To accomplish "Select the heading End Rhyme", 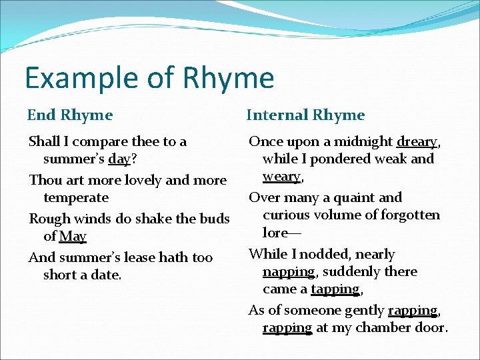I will pyautogui.click(x=70, y=115).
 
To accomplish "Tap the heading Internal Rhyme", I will pyautogui.click(x=305, y=115).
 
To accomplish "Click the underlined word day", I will pyautogui.click(x=136, y=160).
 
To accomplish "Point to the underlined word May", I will pyautogui.click(x=73, y=236).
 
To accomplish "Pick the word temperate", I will pyautogui.click(x=75, y=197).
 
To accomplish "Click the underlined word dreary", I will pyautogui.click(x=417, y=141).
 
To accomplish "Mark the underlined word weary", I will pyautogui.click(x=282, y=176).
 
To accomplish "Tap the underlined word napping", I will pyautogui.click(x=288, y=271).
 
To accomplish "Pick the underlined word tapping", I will pyautogui.click(x=335, y=289).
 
